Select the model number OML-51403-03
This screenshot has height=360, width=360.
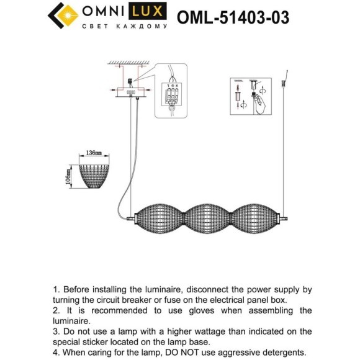[x=233, y=17]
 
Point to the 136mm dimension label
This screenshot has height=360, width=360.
[x=93, y=152]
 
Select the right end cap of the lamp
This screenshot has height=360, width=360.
[x=284, y=218]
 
